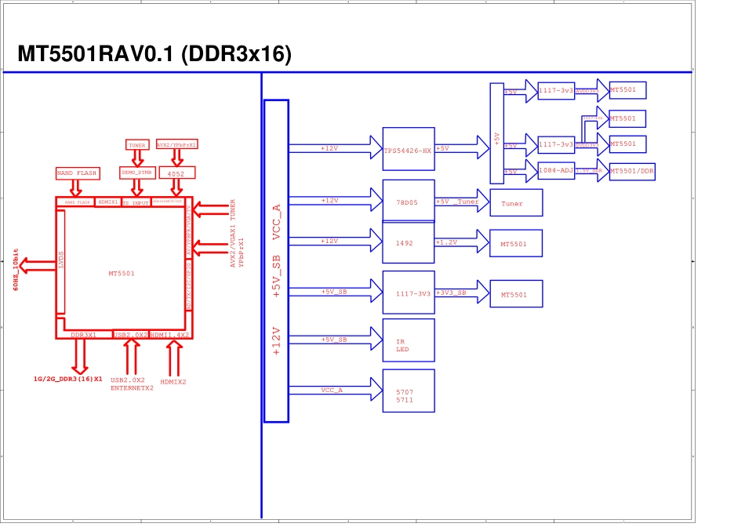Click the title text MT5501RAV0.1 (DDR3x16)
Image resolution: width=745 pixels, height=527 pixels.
[x=154, y=54]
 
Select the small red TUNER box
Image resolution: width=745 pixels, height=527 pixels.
[x=137, y=145]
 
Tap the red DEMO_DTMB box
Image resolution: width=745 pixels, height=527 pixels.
[x=137, y=173]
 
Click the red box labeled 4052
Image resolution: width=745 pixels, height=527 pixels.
[x=176, y=173]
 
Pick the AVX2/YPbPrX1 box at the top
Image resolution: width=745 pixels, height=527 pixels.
[x=176, y=145]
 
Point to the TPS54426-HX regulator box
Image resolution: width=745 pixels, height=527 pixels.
[x=408, y=149]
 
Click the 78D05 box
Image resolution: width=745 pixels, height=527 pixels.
[x=408, y=202]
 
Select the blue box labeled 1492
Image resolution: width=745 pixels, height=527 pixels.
[x=408, y=243]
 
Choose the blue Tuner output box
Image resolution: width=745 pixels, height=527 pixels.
[x=516, y=203]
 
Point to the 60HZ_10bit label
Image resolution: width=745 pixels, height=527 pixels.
[x=16, y=270]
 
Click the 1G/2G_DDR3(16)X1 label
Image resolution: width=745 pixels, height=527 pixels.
[x=68, y=379]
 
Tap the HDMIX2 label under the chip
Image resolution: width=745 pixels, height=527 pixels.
[x=173, y=382]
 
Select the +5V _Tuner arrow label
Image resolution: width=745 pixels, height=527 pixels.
[x=457, y=202]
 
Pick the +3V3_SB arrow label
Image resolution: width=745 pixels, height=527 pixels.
[x=452, y=293]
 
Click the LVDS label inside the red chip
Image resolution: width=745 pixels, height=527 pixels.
[x=61, y=261]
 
